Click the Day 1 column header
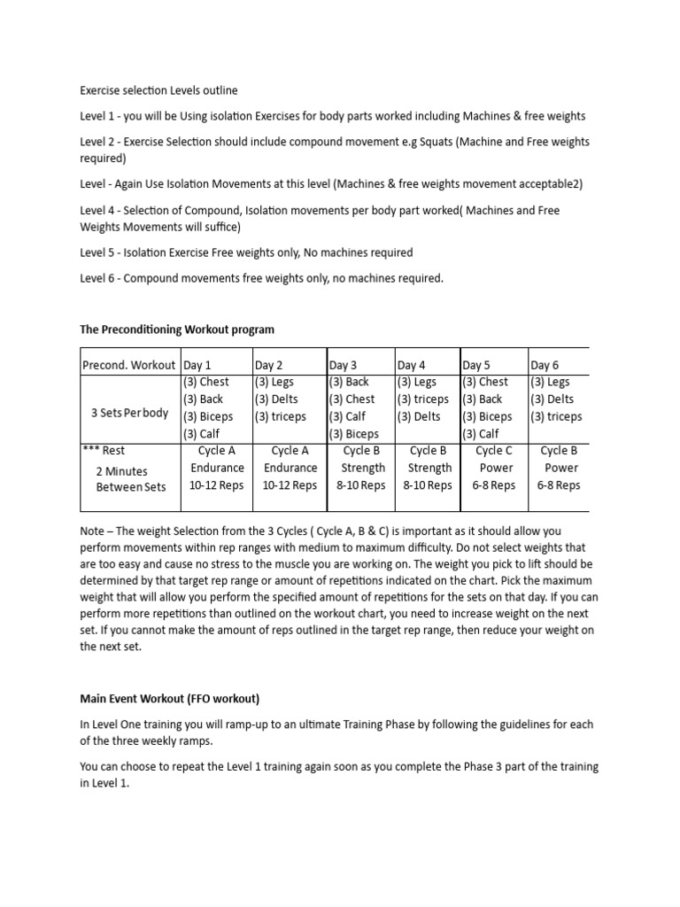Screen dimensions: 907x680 [197, 365]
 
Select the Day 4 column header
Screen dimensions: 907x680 [412, 365]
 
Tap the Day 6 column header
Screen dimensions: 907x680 [545, 365]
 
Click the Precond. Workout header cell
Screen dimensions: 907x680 [128, 365]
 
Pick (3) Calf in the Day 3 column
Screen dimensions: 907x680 [347, 416]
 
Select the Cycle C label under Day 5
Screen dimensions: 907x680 [494, 451]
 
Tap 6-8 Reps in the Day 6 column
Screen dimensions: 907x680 [560, 485]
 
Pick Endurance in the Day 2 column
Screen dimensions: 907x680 [290, 468]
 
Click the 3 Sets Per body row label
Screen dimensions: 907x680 [129, 413]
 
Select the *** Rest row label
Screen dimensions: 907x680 [104, 451]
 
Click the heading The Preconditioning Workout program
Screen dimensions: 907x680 [177, 329]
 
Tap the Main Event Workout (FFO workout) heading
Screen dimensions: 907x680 [169, 698]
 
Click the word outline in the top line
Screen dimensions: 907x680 [220, 90]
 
